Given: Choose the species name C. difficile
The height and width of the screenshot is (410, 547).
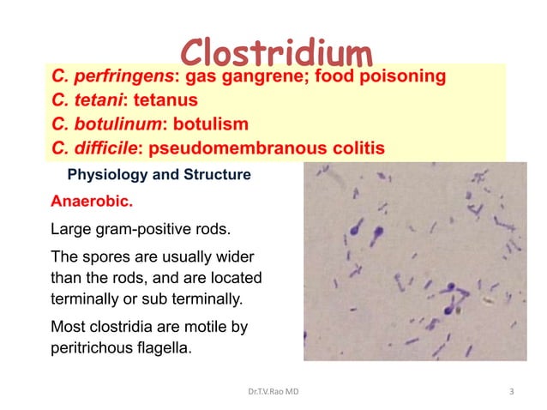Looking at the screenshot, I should click(x=95, y=148).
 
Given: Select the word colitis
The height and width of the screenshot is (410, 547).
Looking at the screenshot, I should click(x=358, y=148).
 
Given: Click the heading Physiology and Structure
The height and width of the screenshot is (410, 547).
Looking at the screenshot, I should click(x=159, y=176).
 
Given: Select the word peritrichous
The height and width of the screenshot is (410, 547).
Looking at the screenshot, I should click(x=93, y=349).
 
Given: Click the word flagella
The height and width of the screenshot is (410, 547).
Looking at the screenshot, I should click(x=166, y=349).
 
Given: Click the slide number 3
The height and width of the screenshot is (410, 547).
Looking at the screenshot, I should click(x=512, y=392).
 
